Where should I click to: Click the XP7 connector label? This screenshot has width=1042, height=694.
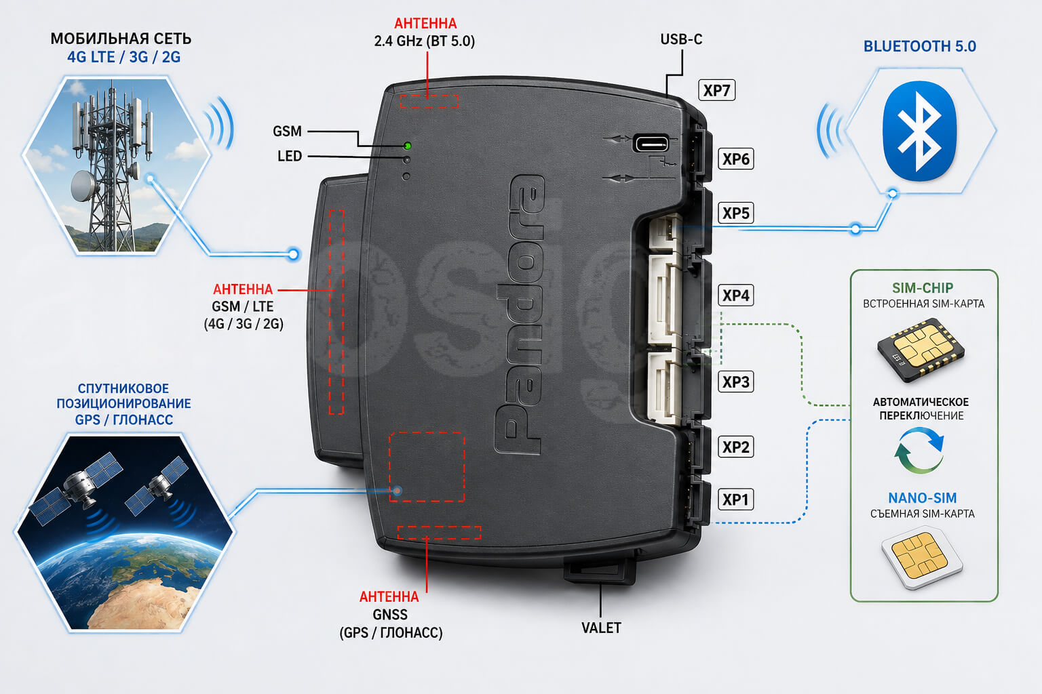coord(716,90)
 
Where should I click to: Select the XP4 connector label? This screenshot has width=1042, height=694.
coord(735,295)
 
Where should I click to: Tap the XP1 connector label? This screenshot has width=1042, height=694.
coord(735,499)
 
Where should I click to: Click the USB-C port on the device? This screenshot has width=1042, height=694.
coord(651,143)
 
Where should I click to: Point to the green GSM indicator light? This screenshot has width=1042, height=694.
coord(408,146)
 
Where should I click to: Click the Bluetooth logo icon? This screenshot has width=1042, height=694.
coord(919,131)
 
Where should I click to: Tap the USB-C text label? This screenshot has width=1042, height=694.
coord(681,39)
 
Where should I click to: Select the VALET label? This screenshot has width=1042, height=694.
coord(601,628)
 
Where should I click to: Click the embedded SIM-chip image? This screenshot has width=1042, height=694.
coord(921,350)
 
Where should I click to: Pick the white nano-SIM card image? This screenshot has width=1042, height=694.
coord(921,557)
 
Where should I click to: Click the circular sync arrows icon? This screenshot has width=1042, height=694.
coord(919,451)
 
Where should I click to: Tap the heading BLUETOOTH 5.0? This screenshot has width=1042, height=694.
coord(920,47)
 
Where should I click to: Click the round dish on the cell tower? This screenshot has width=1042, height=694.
coord(83,186)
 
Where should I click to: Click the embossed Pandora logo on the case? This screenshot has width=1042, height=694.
coord(520,314)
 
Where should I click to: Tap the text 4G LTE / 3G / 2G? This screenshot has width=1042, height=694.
coord(123,57)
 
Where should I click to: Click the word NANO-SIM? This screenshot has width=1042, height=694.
coord(923,498)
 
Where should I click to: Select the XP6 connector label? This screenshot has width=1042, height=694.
coord(735,159)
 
